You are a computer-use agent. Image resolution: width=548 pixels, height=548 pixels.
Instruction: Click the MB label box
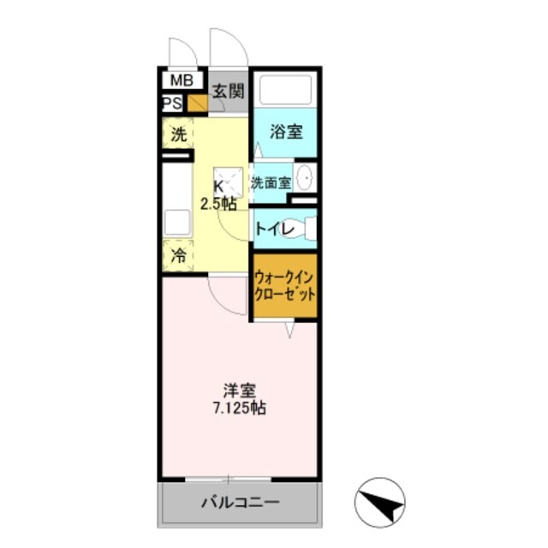click(x=181, y=81)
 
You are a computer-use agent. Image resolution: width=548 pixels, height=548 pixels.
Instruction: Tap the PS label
click(x=171, y=104)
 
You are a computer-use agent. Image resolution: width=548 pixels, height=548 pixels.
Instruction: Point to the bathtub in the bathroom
click(x=285, y=90)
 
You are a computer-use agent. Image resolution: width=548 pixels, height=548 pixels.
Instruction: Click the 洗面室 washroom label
click(x=271, y=182)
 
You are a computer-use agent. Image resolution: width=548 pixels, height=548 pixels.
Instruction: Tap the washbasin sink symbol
click(x=306, y=179)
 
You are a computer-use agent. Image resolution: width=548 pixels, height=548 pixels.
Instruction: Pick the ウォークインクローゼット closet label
click(x=284, y=286)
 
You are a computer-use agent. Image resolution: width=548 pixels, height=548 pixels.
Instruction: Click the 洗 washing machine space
click(x=178, y=134)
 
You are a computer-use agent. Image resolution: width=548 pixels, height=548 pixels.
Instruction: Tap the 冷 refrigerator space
click(x=178, y=254)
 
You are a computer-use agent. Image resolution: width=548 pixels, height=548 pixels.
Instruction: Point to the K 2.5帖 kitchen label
click(x=219, y=194)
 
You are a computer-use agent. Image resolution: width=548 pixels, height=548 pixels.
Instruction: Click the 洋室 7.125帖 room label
click(x=239, y=398)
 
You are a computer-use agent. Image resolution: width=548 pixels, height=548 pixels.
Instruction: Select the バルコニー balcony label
click(x=240, y=503)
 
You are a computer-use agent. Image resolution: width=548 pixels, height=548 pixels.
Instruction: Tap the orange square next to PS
click(x=197, y=104)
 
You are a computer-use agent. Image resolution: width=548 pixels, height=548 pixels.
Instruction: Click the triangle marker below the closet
click(x=291, y=329)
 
